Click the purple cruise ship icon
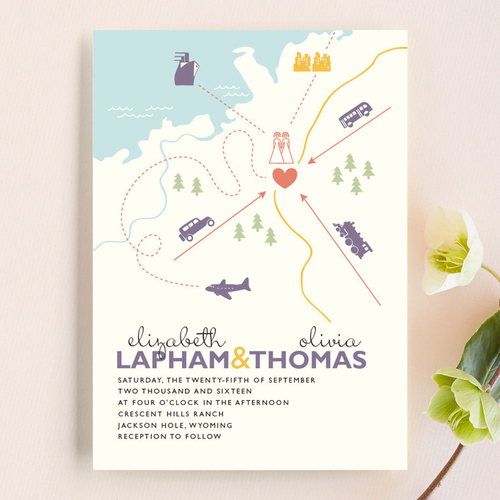coord(186,69)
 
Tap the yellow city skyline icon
coord(312,62)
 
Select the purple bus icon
coord(355,115)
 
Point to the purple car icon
coord(195,228)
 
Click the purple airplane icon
coord(228,288)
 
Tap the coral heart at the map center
coord(285,177)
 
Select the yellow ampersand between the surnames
coord(242,358)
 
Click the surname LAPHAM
coord(174,359)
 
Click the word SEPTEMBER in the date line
coord(289,380)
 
